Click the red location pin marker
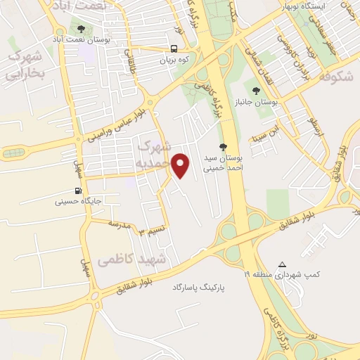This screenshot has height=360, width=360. click(x=181, y=166)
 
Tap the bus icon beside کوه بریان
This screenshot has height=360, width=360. click(x=174, y=49)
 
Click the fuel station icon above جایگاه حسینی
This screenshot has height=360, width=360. click(x=77, y=191)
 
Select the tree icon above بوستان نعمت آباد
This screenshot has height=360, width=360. click(x=81, y=30)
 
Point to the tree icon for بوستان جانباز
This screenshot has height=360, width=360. click(x=256, y=91)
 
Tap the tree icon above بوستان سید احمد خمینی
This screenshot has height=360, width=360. click(x=223, y=147)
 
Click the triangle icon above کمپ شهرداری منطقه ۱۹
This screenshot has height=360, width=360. click(x=283, y=264)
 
